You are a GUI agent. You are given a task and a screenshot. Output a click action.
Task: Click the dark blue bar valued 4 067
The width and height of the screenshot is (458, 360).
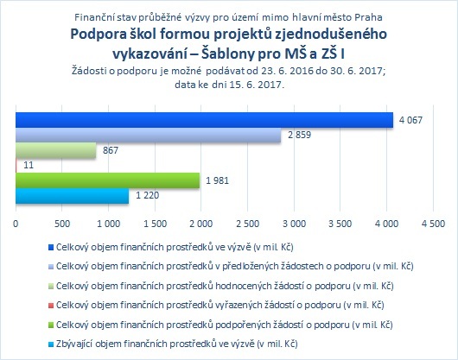205,120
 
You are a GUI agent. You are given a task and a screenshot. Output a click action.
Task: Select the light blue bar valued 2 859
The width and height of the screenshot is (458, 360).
149,135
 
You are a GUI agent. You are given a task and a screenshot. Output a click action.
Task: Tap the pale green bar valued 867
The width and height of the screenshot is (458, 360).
56,150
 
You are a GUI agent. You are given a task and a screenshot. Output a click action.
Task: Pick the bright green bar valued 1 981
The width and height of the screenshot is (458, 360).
108,180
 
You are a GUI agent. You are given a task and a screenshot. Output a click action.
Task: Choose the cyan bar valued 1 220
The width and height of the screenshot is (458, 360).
72,196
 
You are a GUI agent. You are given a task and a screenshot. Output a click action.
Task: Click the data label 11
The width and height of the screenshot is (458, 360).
29,166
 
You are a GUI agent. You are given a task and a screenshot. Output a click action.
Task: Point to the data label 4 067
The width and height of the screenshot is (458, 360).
410,120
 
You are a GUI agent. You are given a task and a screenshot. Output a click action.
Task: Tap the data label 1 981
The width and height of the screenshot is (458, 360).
217,180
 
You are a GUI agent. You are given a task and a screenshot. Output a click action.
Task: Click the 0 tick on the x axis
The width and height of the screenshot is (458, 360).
16,224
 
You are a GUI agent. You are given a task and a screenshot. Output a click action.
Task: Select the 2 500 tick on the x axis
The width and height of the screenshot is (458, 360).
248,224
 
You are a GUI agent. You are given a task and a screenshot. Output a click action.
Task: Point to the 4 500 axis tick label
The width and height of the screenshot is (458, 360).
433,224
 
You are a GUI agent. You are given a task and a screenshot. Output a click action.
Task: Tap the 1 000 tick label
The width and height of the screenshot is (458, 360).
108,224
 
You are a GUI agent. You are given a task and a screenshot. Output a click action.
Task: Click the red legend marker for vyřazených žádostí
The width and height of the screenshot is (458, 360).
51,306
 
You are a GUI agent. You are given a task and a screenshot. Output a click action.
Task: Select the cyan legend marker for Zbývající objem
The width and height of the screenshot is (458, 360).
51,344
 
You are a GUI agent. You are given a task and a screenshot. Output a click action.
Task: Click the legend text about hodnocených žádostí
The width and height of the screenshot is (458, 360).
225,286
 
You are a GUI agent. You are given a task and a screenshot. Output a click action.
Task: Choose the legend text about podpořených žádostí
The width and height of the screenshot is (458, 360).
225,325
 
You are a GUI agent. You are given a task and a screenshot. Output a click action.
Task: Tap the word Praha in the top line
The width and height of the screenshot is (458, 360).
369,17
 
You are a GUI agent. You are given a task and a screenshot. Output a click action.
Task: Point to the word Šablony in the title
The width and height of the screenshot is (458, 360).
227,54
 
